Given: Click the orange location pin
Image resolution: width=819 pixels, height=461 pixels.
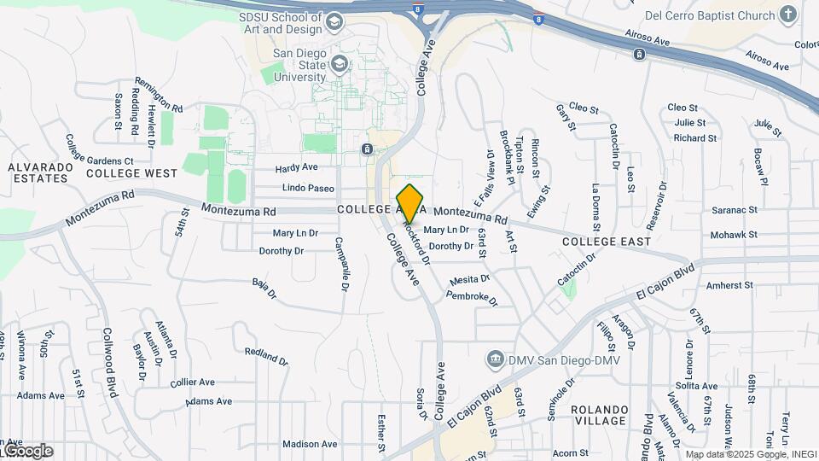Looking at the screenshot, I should click(x=410, y=203).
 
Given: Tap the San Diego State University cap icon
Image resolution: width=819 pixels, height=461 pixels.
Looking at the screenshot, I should click(x=340, y=64).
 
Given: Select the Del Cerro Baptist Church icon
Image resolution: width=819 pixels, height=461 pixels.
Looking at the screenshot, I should click(x=787, y=15).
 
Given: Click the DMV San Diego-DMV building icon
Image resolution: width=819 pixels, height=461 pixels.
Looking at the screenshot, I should click(x=493, y=359).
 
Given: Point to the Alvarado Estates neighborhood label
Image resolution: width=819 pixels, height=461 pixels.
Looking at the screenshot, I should click(x=38, y=172).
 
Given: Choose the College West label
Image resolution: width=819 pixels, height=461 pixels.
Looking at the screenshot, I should click(x=131, y=173).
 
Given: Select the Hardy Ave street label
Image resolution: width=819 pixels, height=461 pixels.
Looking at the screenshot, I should click(x=296, y=167).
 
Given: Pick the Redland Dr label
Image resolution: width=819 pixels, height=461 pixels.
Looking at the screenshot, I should click(x=265, y=355).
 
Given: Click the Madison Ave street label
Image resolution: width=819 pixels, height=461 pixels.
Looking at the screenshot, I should click(x=310, y=444).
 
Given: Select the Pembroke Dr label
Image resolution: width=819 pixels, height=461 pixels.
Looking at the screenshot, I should click(x=472, y=297).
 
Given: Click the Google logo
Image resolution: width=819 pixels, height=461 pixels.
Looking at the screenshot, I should click(x=27, y=450).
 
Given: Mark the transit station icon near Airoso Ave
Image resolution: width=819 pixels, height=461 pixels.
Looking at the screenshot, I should click(x=639, y=55).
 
